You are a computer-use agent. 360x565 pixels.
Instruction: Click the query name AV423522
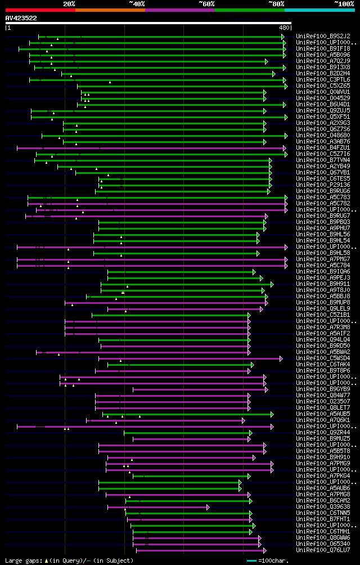21,18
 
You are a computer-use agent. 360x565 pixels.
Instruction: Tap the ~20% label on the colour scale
69,3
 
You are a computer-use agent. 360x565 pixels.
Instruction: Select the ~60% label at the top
206,3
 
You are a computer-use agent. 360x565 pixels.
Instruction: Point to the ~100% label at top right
344,3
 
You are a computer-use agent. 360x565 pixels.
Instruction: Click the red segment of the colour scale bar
40,10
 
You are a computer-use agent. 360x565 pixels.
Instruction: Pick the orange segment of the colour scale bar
110,10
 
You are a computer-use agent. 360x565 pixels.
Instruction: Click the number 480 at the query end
283,28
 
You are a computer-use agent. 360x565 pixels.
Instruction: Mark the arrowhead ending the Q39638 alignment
208,507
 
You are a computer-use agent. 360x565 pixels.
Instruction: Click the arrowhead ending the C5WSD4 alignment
281,358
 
